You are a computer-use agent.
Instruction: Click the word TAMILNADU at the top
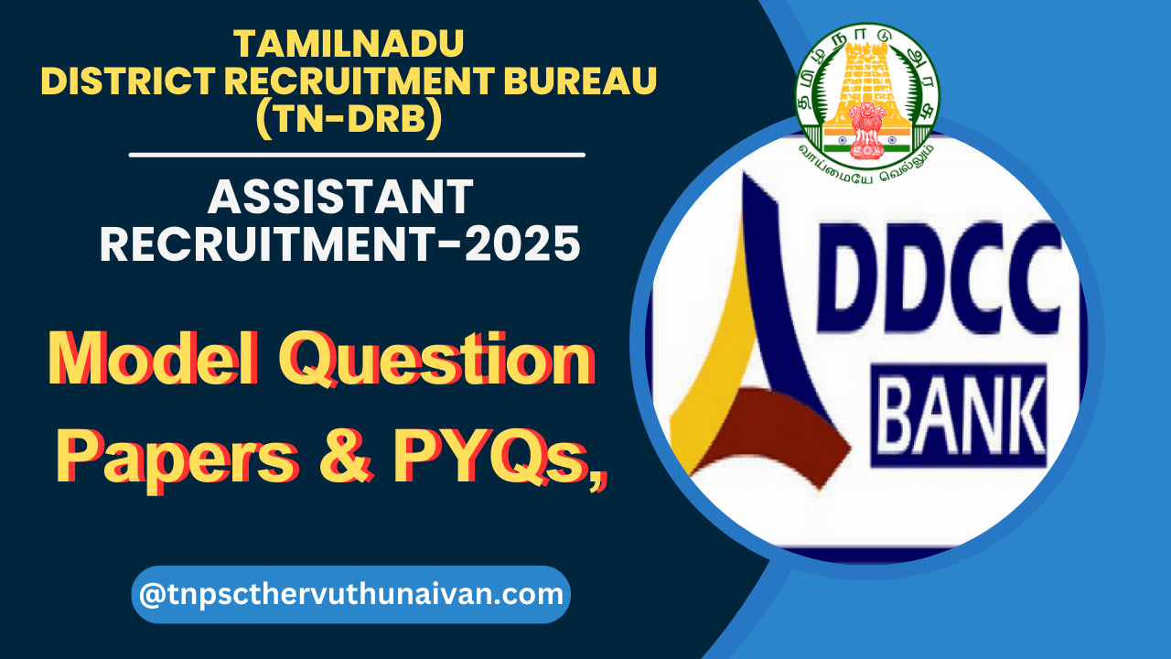[349, 43]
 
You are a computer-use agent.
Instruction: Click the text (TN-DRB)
[349, 121]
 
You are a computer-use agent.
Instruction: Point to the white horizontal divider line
[357, 155]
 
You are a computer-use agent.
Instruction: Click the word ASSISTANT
[340, 198]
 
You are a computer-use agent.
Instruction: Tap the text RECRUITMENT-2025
[340, 244]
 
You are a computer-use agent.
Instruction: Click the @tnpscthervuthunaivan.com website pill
[351, 595]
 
